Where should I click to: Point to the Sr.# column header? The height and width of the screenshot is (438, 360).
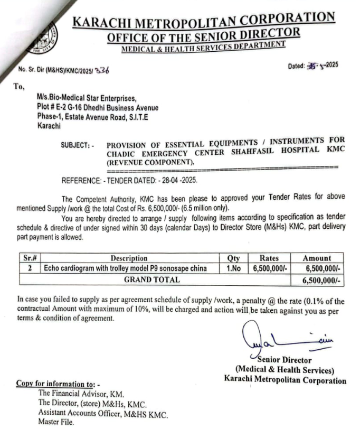click(x=31, y=258)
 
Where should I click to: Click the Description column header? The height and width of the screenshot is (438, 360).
click(x=129, y=258)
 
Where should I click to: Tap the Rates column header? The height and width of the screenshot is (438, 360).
click(x=272, y=258)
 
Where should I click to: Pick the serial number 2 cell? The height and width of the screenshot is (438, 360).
click(x=30, y=268)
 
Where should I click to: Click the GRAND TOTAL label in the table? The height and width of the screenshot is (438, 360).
click(x=151, y=279)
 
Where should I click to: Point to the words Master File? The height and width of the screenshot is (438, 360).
click(x=56, y=422)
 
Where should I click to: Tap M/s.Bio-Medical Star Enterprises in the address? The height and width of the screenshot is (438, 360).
click(x=87, y=99)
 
